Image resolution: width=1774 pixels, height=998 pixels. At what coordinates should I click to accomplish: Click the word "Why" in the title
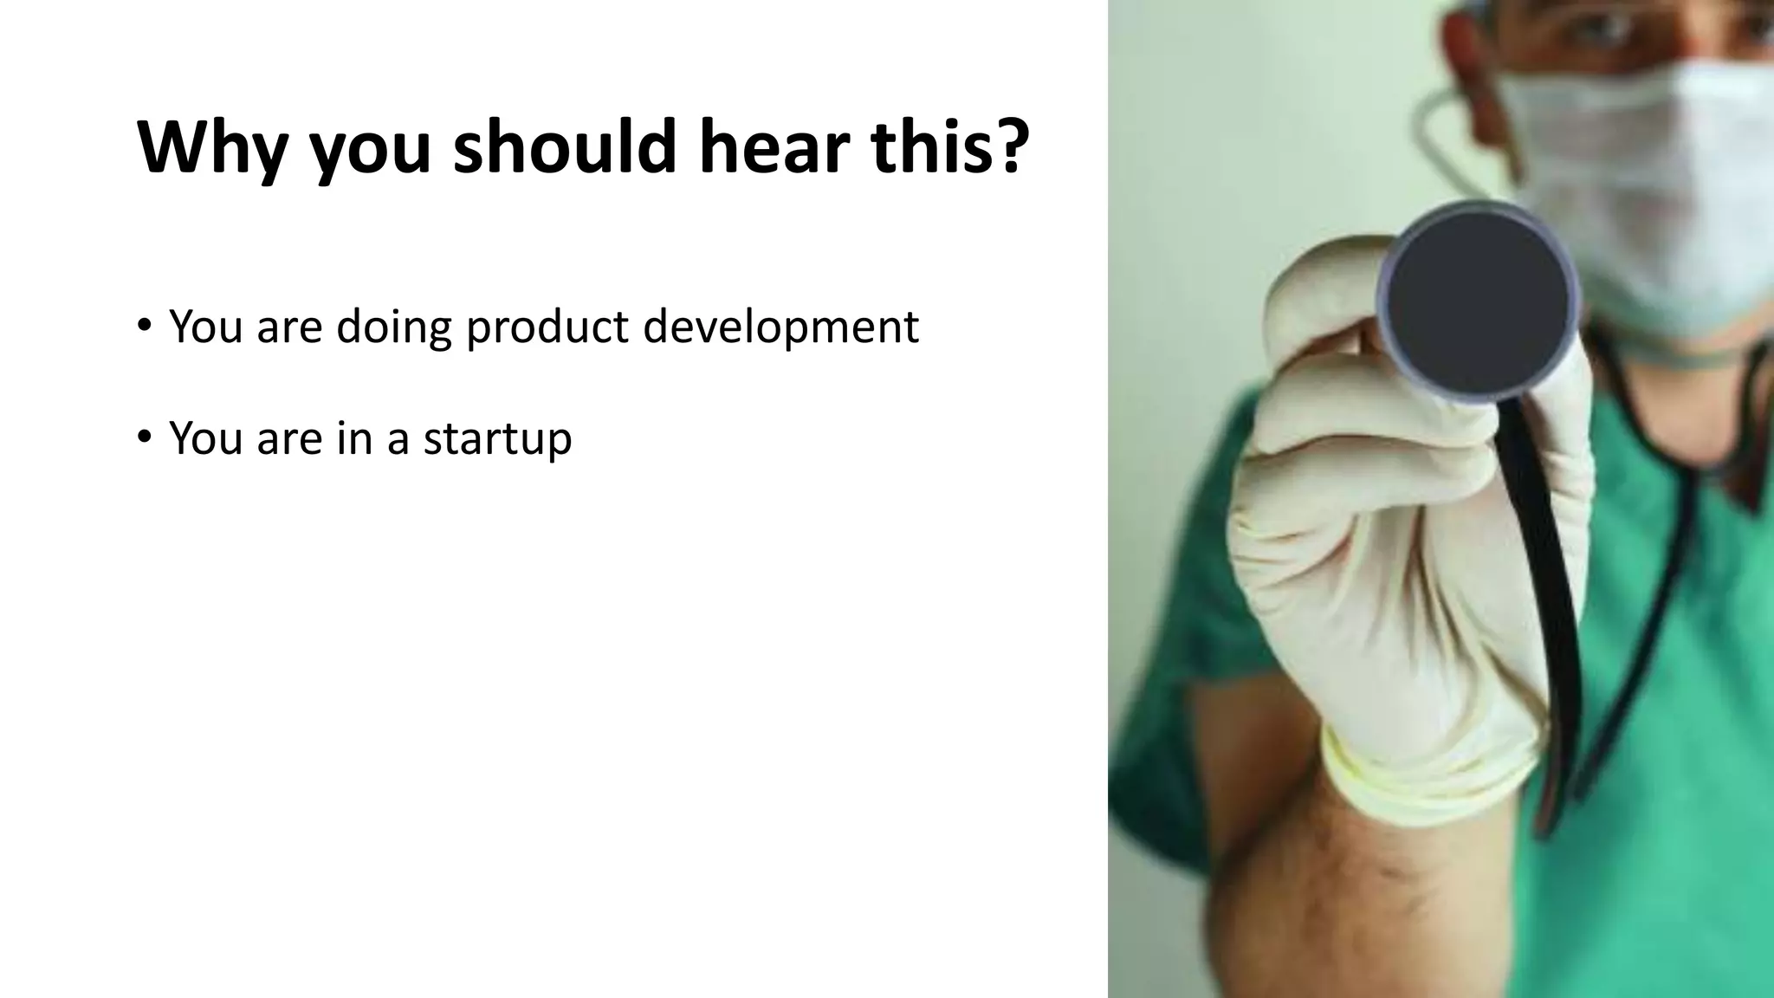[212, 147]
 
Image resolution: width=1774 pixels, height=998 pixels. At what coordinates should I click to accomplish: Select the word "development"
[780, 327]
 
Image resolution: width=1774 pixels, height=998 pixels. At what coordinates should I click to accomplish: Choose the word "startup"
[497, 438]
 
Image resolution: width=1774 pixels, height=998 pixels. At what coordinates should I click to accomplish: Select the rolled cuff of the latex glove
[1421, 771]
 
